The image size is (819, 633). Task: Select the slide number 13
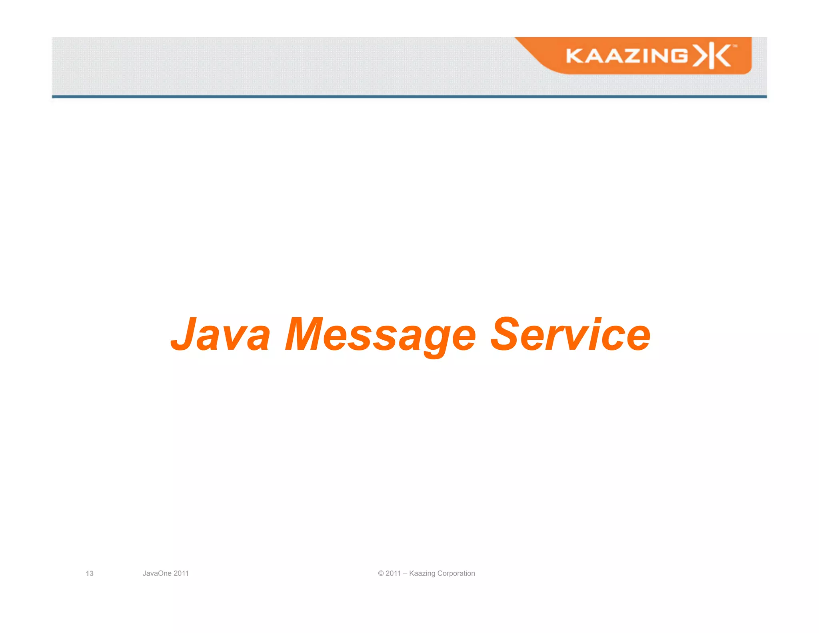tap(89, 573)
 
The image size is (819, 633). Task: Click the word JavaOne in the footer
tap(157, 573)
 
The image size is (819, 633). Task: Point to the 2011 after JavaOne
tap(181, 573)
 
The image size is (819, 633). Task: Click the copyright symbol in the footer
tap(381, 573)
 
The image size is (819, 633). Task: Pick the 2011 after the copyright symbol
tap(393, 573)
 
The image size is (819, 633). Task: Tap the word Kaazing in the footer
tap(422, 573)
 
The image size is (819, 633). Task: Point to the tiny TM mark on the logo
tap(735, 46)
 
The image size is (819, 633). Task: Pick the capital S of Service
tap(506, 335)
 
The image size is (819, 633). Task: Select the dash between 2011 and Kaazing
tap(405, 573)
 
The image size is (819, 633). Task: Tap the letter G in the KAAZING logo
tap(678, 56)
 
